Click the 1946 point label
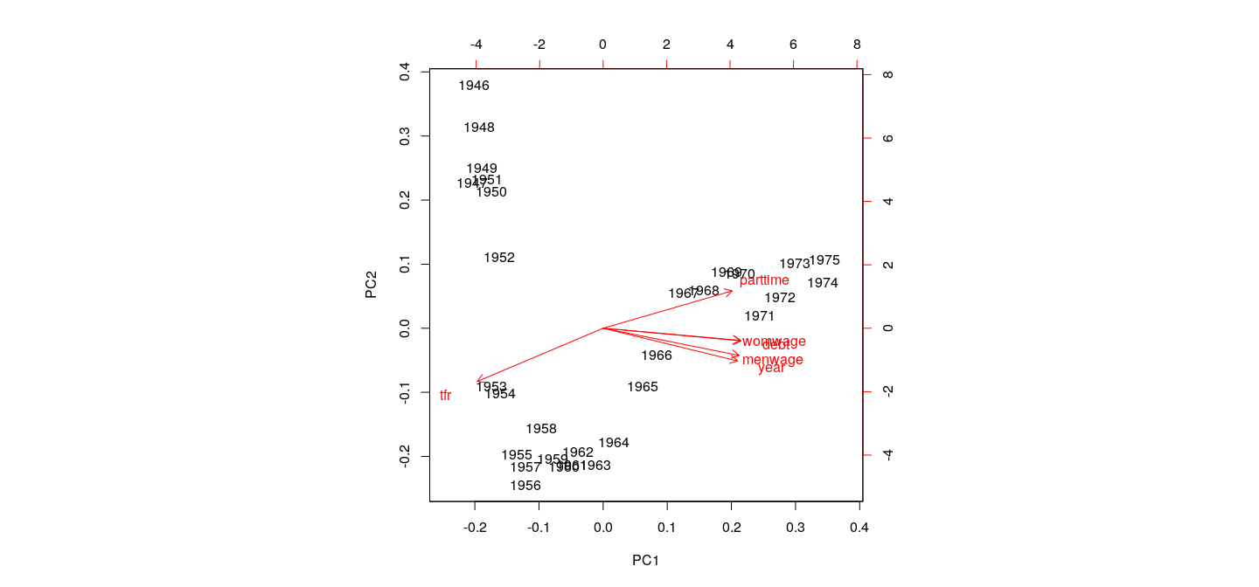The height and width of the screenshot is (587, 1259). click(x=474, y=86)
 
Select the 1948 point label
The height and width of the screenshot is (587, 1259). click(x=479, y=128)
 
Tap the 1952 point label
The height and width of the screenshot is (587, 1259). click(x=499, y=258)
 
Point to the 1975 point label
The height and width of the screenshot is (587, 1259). click(x=824, y=260)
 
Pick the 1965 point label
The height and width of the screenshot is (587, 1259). click(x=643, y=387)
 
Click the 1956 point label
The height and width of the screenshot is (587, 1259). click(x=525, y=486)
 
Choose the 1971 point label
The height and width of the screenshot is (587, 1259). click(x=760, y=316)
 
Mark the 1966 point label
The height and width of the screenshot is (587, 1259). click(x=657, y=356)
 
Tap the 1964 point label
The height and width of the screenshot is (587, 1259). click(x=614, y=443)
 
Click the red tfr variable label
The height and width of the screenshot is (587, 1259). click(x=446, y=396)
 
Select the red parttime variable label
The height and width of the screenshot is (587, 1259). click(x=764, y=280)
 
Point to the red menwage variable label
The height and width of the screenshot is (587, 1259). click(x=772, y=360)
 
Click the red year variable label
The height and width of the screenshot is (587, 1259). click(x=771, y=369)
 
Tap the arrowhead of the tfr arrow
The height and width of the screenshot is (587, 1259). click(x=477, y=382)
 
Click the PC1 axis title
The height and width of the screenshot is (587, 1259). click(x=645, y=561)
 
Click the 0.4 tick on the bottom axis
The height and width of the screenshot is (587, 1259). click(x=859, y=528)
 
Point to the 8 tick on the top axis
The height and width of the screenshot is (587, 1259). click(x=857, y=45)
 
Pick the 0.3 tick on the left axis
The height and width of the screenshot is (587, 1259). click(x=405, y=136)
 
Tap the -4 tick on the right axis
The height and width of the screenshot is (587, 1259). click(x=888, y=455)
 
